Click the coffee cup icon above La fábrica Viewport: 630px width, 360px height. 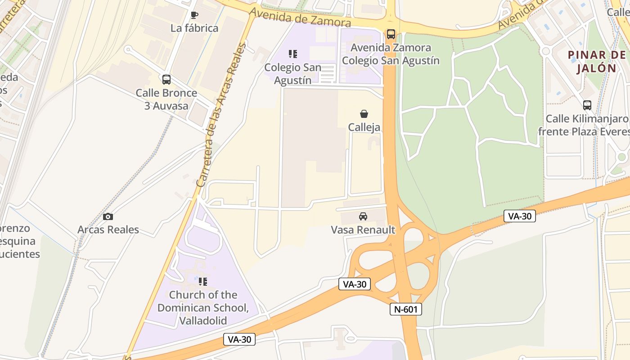coord(194,15)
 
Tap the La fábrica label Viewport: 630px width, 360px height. coord(194,28)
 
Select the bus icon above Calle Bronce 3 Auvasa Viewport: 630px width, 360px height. coord(166,80)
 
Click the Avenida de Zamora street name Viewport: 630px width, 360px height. coord(300,17)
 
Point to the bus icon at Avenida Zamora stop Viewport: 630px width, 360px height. coord(391,34)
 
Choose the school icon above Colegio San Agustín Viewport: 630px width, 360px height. coord(293,54)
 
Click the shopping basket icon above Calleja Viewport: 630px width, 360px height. coord(364,114)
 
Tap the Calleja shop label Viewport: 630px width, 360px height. coord(364,127)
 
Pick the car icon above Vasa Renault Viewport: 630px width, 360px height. coord(363,216)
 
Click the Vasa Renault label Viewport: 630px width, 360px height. coord(363,230)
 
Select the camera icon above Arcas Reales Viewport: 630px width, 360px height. coord(108,216)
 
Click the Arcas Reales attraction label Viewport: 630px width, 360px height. coord(108,229)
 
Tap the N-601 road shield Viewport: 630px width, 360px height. coord(406,309)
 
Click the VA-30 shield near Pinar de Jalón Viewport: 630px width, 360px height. coord(520,216)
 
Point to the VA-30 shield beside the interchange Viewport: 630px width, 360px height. coord(355,284)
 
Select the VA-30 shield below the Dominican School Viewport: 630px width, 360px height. coord(239,339)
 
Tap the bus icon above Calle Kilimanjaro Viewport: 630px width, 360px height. coord(587,105)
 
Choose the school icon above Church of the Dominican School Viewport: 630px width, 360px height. coord(203,282)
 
